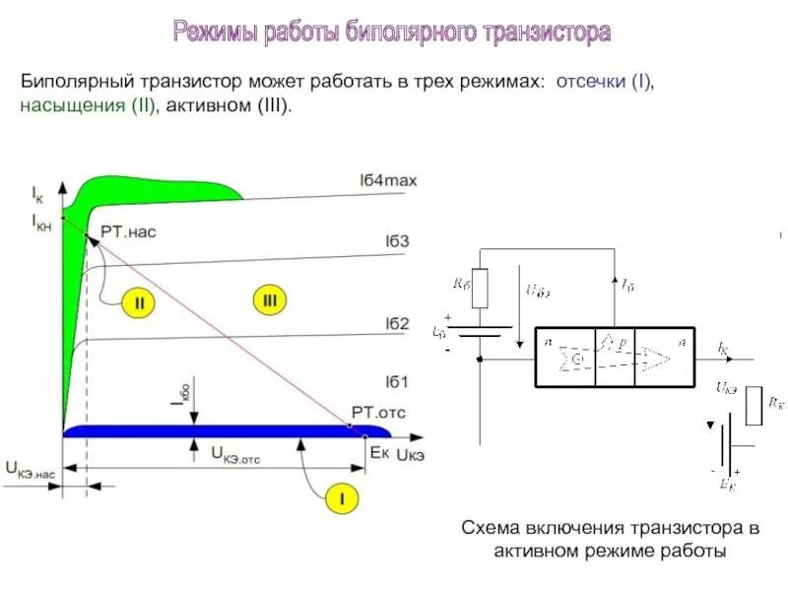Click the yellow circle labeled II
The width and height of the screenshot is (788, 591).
tap(139, 303)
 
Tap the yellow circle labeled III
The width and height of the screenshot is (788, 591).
tap(269, 298)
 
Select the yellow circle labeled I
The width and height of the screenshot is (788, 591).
tap(342, 499)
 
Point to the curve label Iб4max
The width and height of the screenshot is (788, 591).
tap(388, 180)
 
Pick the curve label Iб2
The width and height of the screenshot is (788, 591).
tap(397, 323)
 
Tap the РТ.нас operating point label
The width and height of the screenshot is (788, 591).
tap(128, 232)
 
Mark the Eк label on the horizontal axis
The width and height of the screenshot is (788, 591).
tap(379, 453)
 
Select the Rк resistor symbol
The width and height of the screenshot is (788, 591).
tap(754, 405)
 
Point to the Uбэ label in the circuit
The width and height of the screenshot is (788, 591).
tap(538, 291)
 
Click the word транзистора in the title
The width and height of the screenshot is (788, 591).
tap(547, 33)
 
